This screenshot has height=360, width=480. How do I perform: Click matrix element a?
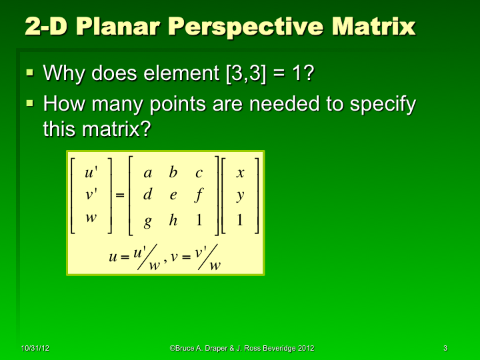(148, 173)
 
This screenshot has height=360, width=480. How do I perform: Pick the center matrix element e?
(173, 195)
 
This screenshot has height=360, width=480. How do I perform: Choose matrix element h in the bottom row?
(173, 221)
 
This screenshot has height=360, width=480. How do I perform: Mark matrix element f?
(199, 195)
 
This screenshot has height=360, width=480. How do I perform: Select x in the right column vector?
(240, 173)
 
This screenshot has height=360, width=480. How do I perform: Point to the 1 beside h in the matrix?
(199, 221)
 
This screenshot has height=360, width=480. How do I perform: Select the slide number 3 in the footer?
(445, 349)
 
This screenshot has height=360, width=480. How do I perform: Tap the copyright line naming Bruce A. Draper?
(242, 349)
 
